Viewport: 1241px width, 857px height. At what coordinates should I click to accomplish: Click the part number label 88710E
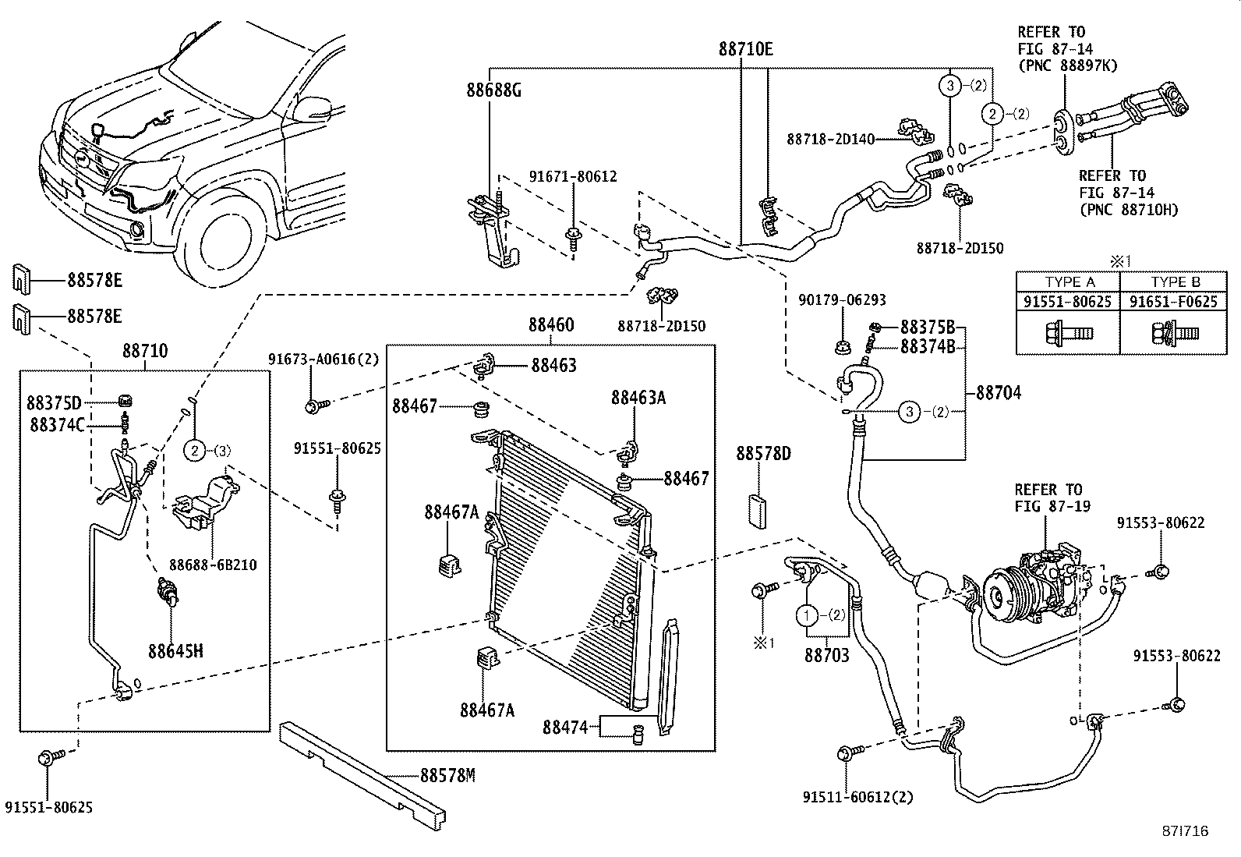pyautogui.click(x=745, y=50)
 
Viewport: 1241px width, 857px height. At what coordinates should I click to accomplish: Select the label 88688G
pyautogui.click(x=493, y=90)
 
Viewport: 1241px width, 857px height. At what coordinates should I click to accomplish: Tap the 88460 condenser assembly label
pyautogui.click(x=550, y=325)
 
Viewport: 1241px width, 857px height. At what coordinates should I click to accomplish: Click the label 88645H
pyautogui.click(x=175, y=650)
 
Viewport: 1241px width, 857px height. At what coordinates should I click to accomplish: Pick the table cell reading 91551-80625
pyautogui.click(x=1067, y=301)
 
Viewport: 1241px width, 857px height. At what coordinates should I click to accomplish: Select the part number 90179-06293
pyautogui.click(x=842, y=300)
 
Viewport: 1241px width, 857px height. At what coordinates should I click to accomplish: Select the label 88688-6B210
pyautogui.click(x=213, y=565)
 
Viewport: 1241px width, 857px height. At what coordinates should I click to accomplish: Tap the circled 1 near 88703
pyautogui.click(x=807, y=615)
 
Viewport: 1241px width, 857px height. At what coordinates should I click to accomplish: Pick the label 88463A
pyautogui.click(x=638, y=398)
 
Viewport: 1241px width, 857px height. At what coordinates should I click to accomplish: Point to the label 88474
pyautogui.click(x=564, y=728)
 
